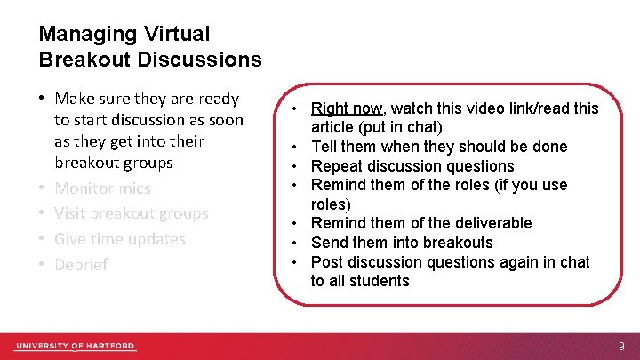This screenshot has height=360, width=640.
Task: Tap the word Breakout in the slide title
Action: [x=79, y=60]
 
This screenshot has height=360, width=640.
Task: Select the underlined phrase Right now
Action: [x=346, y=108]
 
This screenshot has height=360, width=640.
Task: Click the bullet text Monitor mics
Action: [x=102, y=188]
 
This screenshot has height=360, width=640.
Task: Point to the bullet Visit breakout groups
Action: [x=131, y=213]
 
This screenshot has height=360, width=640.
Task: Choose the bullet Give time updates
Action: [x=119, y=239]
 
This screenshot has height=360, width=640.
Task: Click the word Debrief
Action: [x=81, y=265]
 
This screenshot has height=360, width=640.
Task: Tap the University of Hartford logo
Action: [x=75, y=346]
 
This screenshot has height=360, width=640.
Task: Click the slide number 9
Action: [x=621, y=346]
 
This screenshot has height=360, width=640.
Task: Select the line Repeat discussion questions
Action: [x=412, y=166]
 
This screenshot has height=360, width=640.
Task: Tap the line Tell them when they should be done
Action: [x=439, y=147]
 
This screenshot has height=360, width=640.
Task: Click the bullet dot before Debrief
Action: [x=43, y=265]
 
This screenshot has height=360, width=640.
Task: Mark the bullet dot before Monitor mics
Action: [x=43, y=188]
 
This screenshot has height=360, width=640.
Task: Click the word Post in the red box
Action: [x=326, y=261]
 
